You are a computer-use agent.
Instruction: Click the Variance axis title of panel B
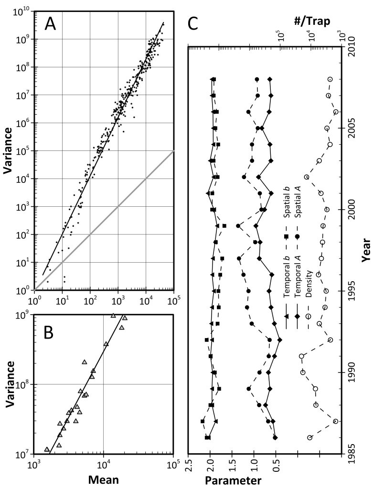tap(10, 384)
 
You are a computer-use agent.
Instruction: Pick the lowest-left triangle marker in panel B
tap(47, 449)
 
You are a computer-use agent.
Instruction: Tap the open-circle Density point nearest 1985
tap(310, 437)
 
